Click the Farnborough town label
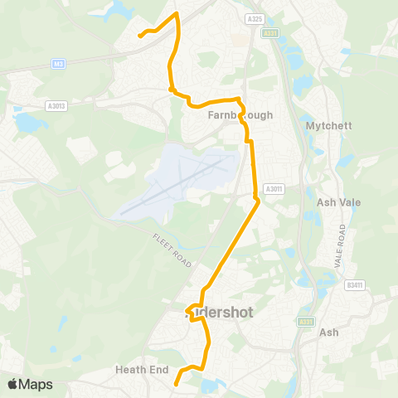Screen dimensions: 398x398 tap(239, 115)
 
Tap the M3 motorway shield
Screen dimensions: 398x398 tap(57, 63)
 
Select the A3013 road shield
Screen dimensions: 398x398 tap(56, 105)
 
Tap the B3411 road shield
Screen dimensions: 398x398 tap(355, 285)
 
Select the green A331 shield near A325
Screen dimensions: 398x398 tap(270, 33)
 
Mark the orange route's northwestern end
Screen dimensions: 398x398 tap(139, 36)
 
